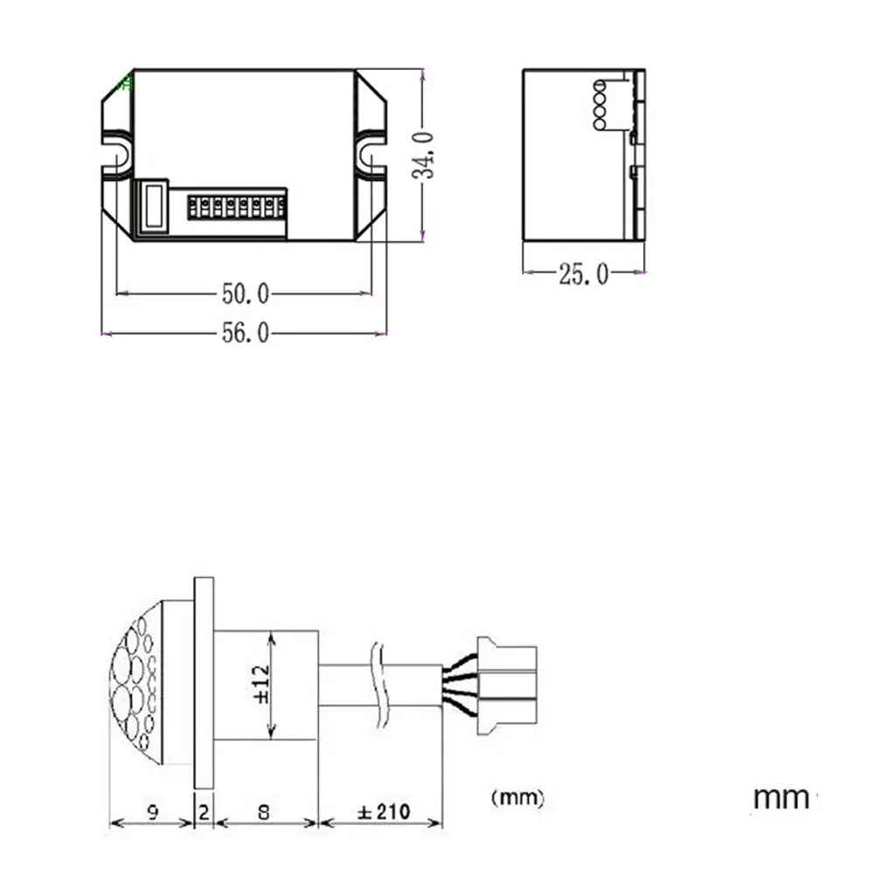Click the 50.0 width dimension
[246, 294]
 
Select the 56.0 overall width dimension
[246, 333]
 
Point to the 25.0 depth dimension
[584, 274]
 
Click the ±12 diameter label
[260, 684]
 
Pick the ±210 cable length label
[384, 812]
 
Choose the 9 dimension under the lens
[153, 812]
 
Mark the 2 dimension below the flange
[204, 812]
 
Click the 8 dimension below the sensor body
[264, 812]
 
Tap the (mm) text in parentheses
[517, 798]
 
